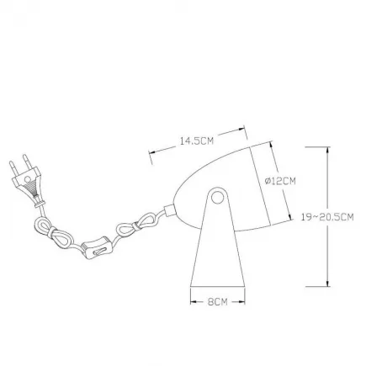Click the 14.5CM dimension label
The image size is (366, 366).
197,141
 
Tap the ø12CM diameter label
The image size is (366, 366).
280,181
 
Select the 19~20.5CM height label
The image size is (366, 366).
327,217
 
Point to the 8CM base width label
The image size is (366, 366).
218,302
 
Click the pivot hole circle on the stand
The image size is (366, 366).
216,198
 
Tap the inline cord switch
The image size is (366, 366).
96,247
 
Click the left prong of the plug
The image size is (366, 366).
13,168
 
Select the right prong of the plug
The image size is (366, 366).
27,162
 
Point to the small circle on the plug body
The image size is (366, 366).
28,179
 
